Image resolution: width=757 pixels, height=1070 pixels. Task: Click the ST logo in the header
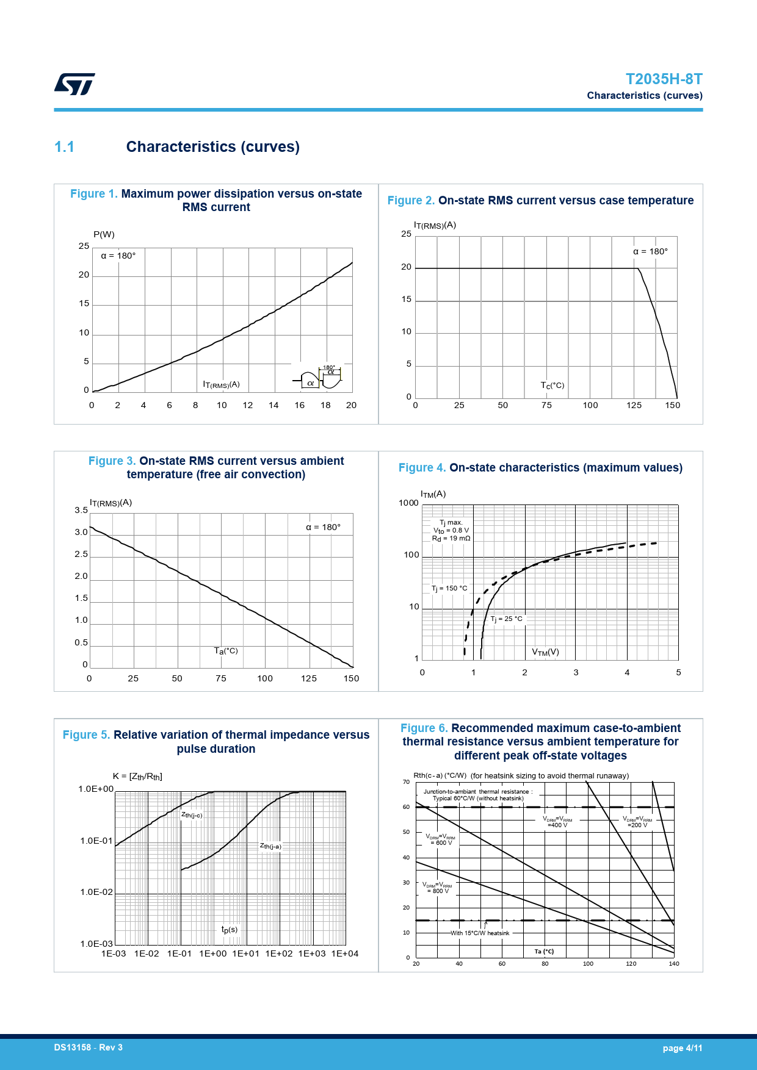(x=74, y=84)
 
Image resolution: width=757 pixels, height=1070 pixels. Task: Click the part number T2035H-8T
(x=664, y=79)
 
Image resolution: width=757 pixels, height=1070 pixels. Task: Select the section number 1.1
(x=64, y=147)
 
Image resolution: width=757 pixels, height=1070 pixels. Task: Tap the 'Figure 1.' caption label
(x=94, y=194)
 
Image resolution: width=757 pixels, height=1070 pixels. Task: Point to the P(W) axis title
(x=104, y=234)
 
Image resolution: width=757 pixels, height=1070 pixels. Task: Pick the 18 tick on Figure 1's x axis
(x=325, y=405)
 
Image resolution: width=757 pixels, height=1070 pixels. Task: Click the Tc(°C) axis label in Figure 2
(x=552, y=386)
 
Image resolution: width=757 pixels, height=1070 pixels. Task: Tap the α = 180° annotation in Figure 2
(x=650, y=251)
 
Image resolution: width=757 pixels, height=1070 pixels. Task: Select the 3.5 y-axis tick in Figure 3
(x=81, y=511)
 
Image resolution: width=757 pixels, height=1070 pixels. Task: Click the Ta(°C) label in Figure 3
(x=226, y=651)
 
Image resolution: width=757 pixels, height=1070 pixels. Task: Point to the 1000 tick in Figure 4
(x=408, y=503)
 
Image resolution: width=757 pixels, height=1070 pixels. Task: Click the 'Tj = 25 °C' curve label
(x=507, y=619)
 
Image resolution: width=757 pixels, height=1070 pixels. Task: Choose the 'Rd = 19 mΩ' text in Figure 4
(x=451, y=539)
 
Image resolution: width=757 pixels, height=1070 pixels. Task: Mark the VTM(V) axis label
(x=545, y=652)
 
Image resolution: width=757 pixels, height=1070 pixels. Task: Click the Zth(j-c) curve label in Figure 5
(x=192, y=815)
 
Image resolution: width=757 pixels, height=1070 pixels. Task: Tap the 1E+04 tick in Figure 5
(x=345, y=953)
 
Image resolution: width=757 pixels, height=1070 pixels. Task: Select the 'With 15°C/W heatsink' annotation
(x=480, y=933)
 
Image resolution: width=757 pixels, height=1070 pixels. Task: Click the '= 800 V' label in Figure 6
(x=438, y=891)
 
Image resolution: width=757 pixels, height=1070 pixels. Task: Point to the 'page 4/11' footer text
(x=683, y=1048)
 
